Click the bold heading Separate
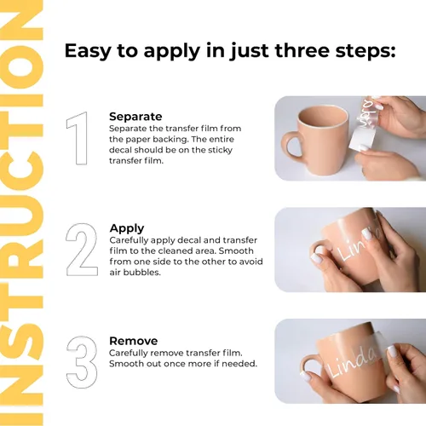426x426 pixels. (135, 117)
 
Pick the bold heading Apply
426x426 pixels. (127, 228)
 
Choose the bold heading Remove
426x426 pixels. (133, 341)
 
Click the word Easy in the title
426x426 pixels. (88, 51)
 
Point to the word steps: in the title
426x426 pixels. (366, 51)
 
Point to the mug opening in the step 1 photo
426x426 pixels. (323, 117)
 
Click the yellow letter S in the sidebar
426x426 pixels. (21, 342)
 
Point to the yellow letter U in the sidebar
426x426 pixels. (21, 216)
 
